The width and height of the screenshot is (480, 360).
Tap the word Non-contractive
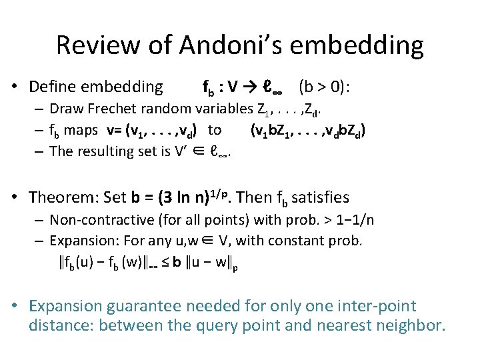100,220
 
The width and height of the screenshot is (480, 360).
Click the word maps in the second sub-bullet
80,129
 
